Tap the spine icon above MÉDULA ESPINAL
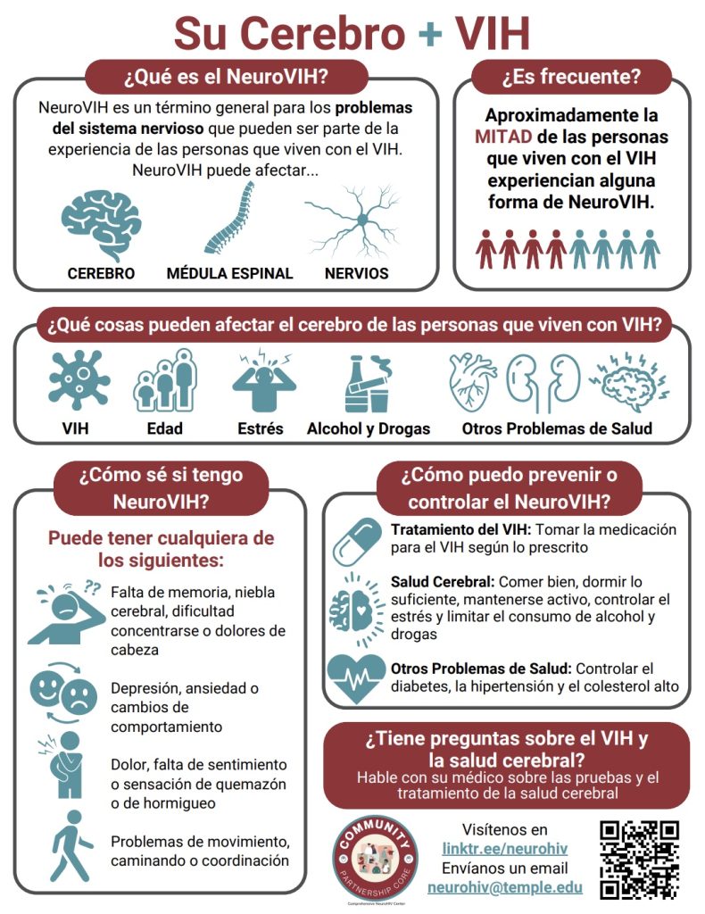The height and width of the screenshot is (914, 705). pyautogui.click(x=229, y=223)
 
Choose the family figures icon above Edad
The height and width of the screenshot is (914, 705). pyautogui.click(x=162, y=381)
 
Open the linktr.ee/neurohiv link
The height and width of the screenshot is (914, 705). pyautogui.click(x=506, y=848)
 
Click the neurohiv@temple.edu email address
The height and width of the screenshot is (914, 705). pyautogui.click(x=505, y=887)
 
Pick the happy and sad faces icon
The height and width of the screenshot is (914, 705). pyautogui.click(x=64, y=691)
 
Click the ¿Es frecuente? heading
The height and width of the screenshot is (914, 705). pyautogui.click(x=571, y=77)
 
